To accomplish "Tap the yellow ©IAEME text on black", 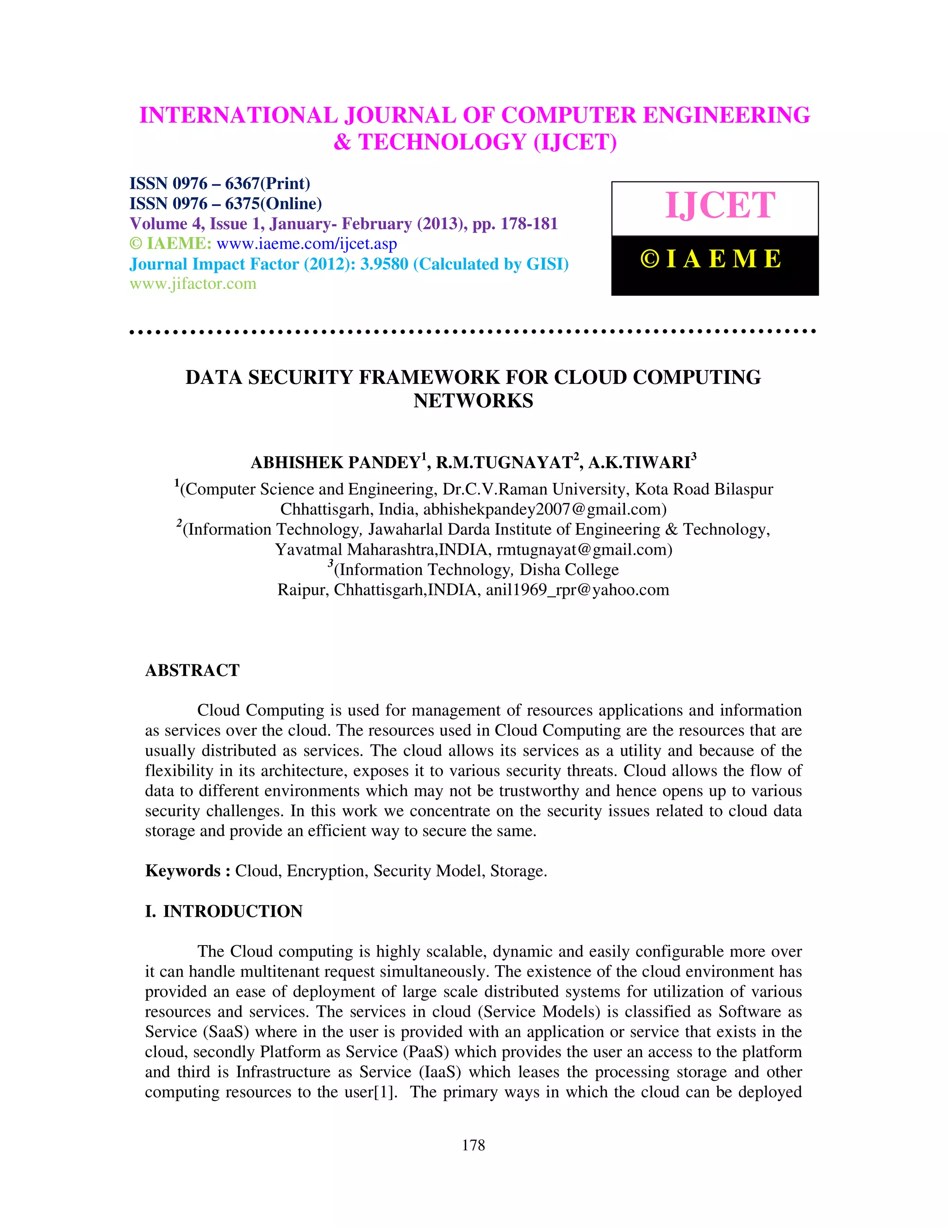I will [x=711, y=259].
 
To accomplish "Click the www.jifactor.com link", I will [x=193, y=284].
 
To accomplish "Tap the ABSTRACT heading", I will [x=192, y=670].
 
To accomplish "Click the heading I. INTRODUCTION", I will [x=224, y=911].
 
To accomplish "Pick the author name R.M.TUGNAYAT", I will [x=504, y=463].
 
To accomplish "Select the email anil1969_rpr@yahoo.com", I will [x=577, y=590].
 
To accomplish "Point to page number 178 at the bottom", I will [x=474, y=1146].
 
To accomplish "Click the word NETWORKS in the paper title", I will [x=474, y=401].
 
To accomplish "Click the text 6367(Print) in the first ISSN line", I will [x=268, y=184].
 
